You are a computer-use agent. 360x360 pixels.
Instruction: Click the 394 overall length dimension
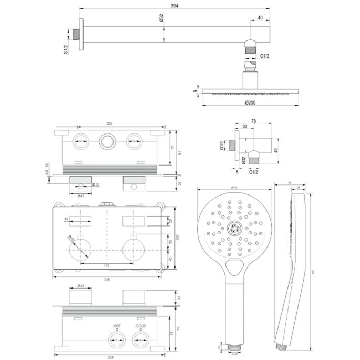173,5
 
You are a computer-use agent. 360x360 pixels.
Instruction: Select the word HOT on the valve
116,326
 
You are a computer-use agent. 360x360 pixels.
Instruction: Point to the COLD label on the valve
140,326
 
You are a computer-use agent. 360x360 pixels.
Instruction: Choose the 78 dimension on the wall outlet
253,121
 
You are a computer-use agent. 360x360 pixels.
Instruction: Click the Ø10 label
97,184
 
